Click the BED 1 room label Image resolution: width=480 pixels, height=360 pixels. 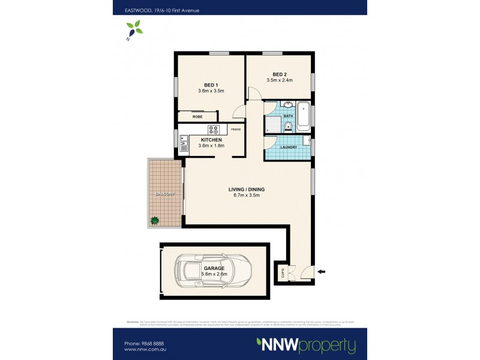(x=210, y=85)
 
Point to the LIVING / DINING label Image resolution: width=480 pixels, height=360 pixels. (x=246, y=190)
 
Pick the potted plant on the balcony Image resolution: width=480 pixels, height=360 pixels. (x=154, y=221)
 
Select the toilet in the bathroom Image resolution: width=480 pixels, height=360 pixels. (x=289, y=125)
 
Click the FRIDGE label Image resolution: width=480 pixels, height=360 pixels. (x=236, y=129)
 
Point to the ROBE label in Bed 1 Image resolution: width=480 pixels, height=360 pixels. (x=197, y=116)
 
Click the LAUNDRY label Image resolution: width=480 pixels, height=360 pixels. (x=289, y=146)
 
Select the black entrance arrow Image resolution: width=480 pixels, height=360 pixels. (x=321, y=272)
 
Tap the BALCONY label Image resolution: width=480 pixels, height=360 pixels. (x=164, y=194)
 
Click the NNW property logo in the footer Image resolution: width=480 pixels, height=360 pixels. (x=307, y=345)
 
